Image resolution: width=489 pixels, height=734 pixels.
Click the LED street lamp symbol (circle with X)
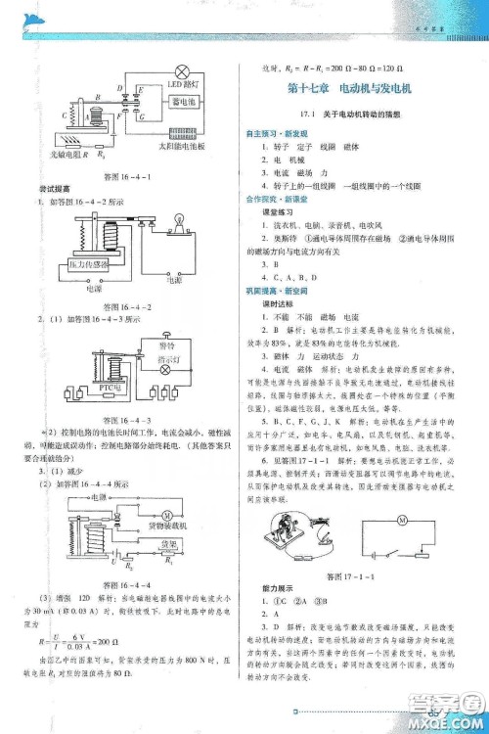(180, 69)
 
